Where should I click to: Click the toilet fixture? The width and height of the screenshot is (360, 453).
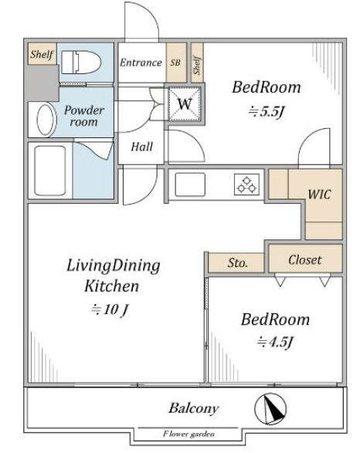(81, 63)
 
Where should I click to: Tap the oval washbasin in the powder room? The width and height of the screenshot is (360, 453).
(46, 120)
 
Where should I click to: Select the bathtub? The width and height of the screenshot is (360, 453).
(49, 171)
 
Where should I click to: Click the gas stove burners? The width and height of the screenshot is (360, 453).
(246, 184)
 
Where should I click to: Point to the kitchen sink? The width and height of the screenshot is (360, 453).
(190, 184)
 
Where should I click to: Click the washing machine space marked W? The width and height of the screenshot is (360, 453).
(185, 103)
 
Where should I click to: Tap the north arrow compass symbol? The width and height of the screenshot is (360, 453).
(270, 408)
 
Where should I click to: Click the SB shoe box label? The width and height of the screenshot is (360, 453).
(175, 63)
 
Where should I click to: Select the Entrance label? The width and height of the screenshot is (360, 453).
(141, 63)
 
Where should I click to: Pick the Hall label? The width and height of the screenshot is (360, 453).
(141, 147)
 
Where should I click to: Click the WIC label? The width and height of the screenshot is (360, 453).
(319, 194)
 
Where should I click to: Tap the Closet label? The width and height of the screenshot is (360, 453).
(305, 260)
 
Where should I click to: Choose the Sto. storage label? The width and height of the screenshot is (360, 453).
(237, 263)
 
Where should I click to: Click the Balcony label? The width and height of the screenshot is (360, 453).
(194, 408)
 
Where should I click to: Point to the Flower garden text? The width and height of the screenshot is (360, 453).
(188, 434)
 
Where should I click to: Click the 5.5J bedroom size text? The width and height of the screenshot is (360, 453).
(267, 111)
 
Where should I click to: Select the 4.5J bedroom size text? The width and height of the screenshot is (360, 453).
(275, 342)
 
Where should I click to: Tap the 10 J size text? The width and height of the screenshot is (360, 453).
(109, 309)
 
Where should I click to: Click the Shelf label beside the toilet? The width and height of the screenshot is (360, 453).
(42, 54)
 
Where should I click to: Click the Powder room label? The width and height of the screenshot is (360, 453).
(84, 116)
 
